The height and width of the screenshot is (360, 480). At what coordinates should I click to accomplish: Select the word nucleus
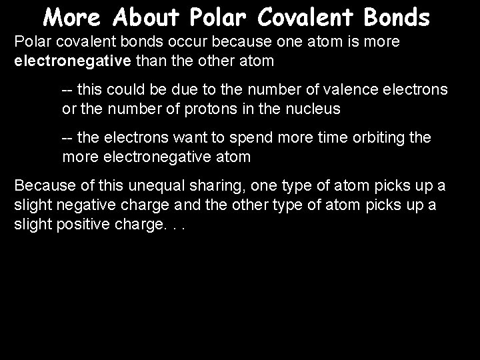click(x=312, y=108)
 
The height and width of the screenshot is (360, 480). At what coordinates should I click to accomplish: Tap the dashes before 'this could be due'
click(x=67, y=89)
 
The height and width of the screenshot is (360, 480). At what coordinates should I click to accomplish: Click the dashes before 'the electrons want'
click(x=67, y=138)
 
